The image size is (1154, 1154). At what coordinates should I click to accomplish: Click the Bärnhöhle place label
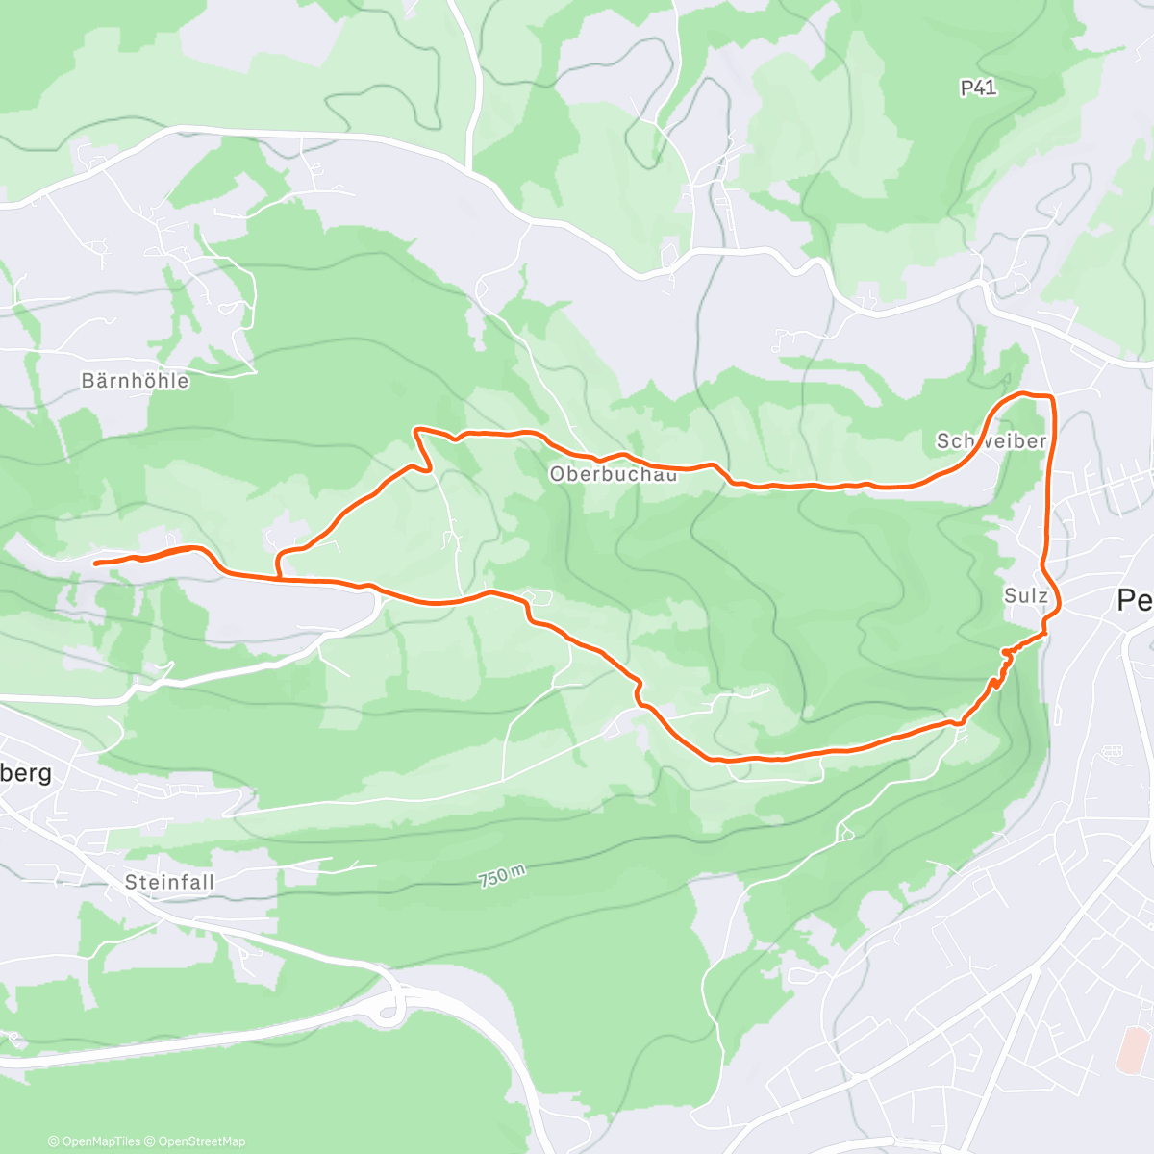click(x=135, y=381)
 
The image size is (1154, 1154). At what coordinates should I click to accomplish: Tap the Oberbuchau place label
click(x=614, y=473)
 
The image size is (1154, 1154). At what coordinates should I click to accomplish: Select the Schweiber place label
click(x=991, y=440)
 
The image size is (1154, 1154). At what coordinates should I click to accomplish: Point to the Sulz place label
click(x=1025, y=595)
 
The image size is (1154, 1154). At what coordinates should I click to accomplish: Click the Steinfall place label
click(x=169, y=882)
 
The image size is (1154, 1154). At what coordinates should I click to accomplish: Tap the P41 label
click(x=978, y=88)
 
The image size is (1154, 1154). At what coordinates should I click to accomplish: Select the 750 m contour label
click(x=502, y=876)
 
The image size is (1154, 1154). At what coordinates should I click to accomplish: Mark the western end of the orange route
click(x=95, y=563)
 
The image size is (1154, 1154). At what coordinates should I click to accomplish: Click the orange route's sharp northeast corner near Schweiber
click(x=1053, y=396)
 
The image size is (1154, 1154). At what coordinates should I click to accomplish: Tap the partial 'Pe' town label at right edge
click(x=1135, y=601)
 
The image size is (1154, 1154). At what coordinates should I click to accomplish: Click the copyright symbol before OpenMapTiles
click(x=53, y=1141)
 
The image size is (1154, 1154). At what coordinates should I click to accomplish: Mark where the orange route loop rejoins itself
click(x=279, y=578)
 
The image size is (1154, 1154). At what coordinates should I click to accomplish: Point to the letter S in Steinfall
click(x=131, y=882)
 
